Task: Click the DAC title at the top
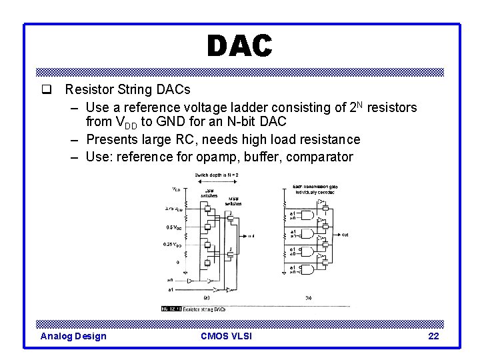click(x=239, y=46)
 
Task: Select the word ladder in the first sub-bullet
click(x=260, y=107)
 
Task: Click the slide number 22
click(x=433, y=336)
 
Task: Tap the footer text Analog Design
click(x=73, y=336)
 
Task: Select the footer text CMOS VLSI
click(x=226, y=336)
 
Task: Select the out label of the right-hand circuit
click(x=345, y=235)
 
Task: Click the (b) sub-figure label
click(x=308, y=297)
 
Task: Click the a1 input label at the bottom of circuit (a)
click(x=171, y=291)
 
